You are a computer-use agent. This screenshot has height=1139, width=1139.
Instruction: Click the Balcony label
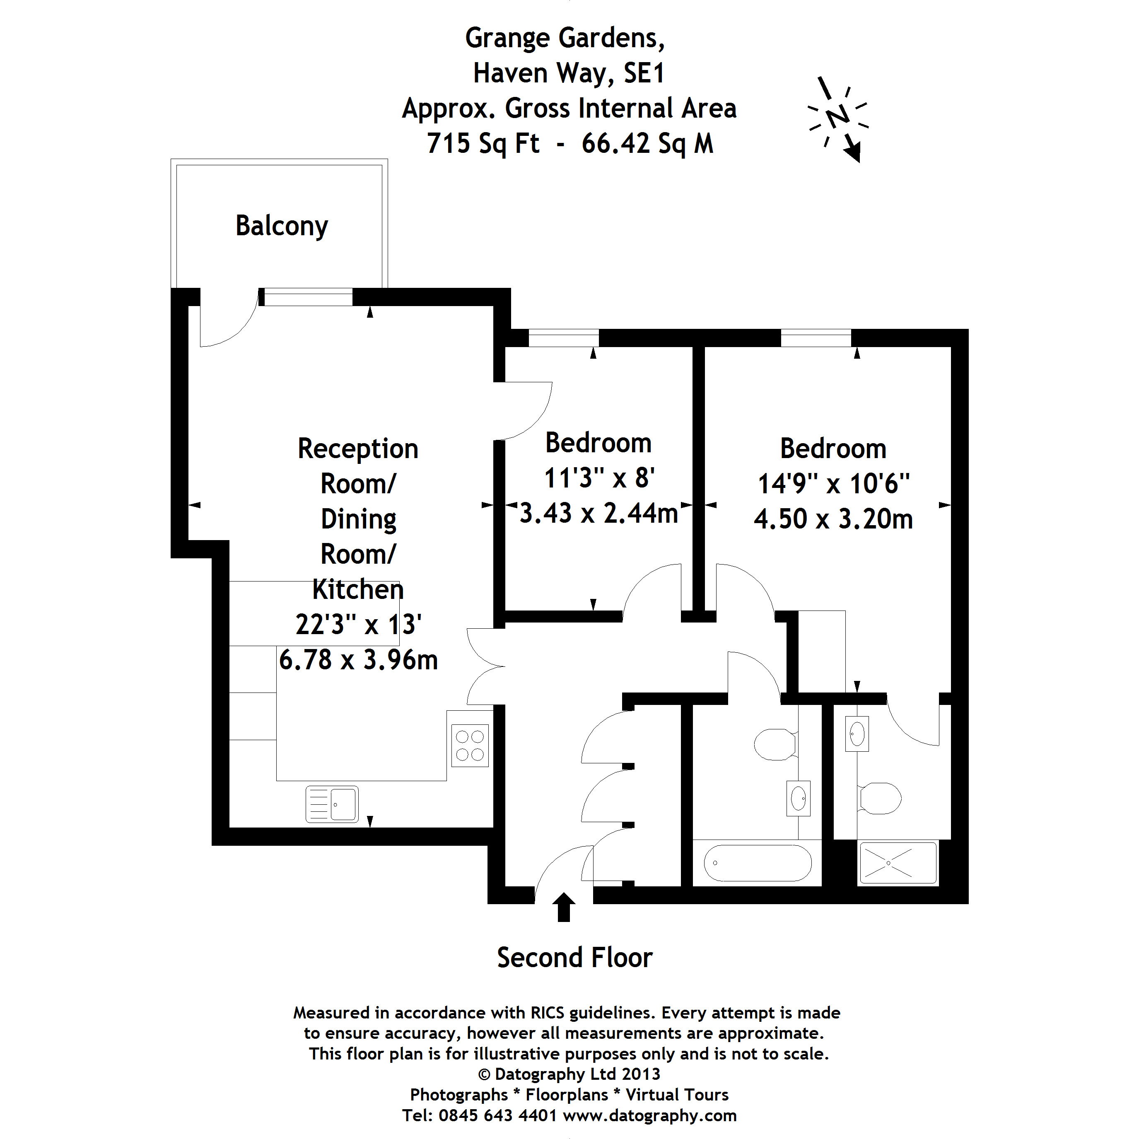281,226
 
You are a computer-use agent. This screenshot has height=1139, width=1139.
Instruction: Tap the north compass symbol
837,117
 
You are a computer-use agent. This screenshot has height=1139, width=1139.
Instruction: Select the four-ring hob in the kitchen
470,745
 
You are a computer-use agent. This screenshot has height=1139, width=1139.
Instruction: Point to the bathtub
758,863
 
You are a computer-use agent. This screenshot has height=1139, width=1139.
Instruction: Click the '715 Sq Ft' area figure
483,143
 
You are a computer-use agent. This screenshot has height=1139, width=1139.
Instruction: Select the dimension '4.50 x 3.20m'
833,519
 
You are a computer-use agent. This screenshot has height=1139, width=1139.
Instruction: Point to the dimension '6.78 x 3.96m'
358,660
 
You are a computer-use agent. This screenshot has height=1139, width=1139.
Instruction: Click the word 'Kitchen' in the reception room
358,589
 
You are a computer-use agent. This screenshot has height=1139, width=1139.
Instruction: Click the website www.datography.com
650,1115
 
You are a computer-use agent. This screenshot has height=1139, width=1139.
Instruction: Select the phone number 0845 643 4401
497,1115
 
